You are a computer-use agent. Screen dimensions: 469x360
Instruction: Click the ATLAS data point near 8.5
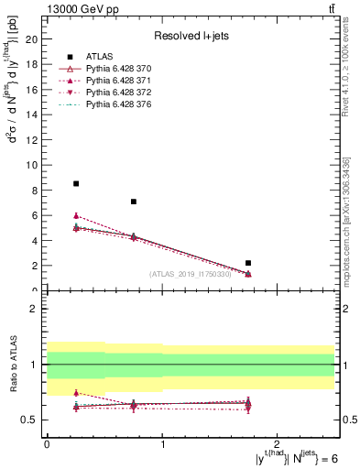coord(76,184)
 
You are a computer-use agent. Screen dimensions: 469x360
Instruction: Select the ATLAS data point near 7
coord(134,202)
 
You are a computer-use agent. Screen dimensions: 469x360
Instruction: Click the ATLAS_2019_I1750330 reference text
coord(190,274)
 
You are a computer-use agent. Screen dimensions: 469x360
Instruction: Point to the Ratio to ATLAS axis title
coord(12,365)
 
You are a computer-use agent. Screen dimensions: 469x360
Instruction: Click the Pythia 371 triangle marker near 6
coord(76,215)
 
